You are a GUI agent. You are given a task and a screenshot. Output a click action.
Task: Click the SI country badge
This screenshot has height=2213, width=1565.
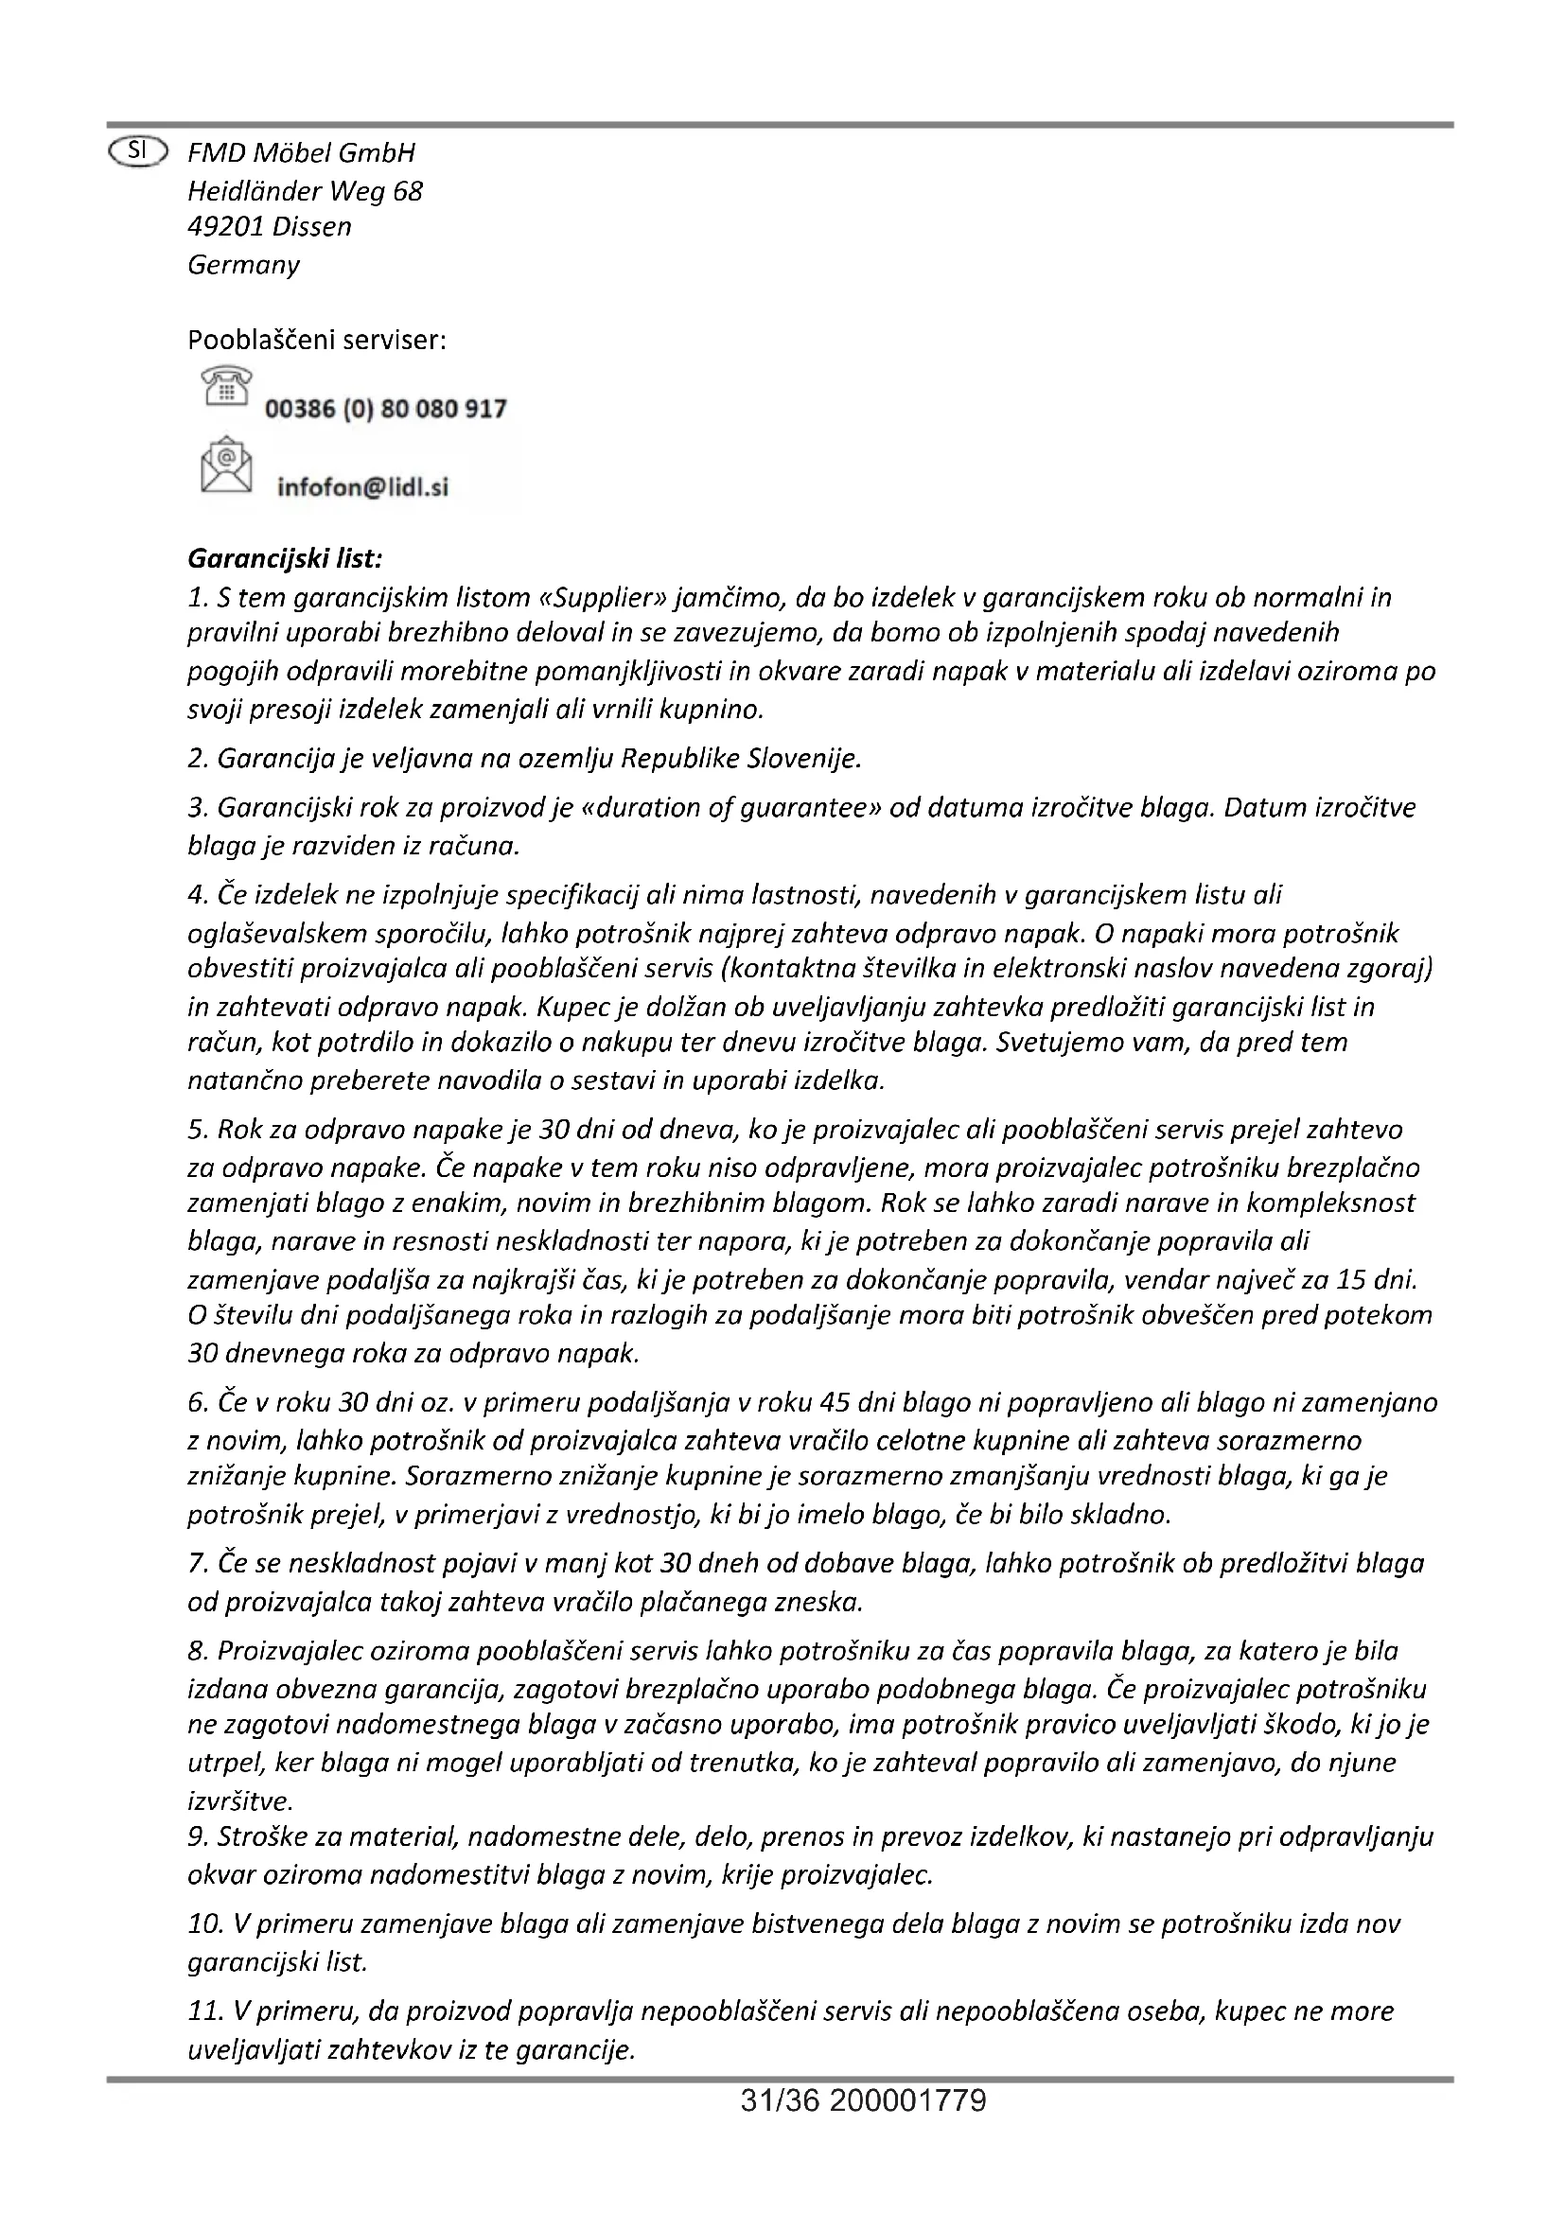tap(139, 151)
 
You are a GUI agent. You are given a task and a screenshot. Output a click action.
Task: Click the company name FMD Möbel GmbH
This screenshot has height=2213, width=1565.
tap(301, 152)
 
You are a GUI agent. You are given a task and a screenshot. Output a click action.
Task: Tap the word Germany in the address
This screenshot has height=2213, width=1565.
tap(243, 265)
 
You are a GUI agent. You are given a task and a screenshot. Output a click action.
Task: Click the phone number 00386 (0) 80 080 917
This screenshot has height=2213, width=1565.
tap(385, 410)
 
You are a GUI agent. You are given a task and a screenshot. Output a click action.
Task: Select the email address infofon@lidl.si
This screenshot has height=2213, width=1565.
tap(362, 487)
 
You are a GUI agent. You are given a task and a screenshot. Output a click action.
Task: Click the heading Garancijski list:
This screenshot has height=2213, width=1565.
tap(285, 559)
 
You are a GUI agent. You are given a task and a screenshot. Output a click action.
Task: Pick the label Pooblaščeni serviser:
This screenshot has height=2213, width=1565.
tap(317, 341)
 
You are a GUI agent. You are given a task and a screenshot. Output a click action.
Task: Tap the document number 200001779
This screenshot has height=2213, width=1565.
tap(906, 2100)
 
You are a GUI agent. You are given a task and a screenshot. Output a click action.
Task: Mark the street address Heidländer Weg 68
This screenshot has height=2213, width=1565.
tap(305, 191)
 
